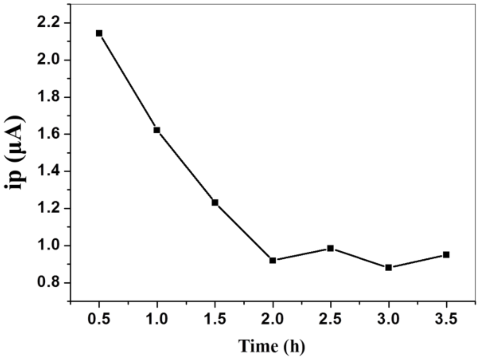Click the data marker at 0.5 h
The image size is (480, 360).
tap(99, 33)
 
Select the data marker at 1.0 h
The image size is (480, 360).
tap(157, 130)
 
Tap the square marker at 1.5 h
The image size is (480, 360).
tap(215, 202)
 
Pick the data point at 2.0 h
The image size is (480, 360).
tap(273, 260)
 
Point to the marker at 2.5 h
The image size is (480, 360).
tap(331, 248)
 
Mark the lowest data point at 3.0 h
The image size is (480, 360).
tap(388, 268)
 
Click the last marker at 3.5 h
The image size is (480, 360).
tap(446, 255)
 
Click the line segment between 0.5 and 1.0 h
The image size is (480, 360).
tap(128, 82)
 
